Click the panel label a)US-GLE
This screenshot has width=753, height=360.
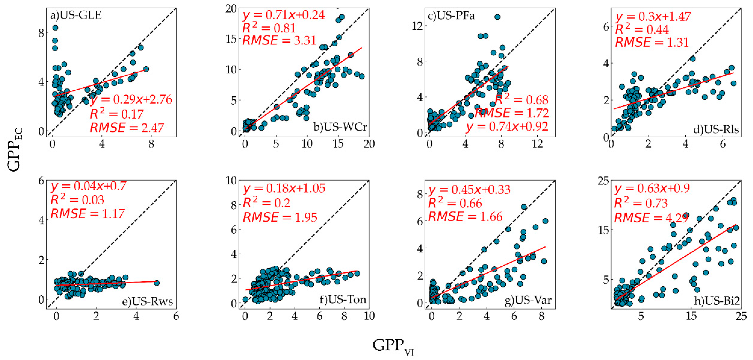point(76,15)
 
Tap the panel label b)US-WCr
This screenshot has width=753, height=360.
point(340,127)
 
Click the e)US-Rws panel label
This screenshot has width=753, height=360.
point(147,301)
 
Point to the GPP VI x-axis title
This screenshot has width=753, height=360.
point(393,347)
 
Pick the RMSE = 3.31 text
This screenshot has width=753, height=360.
point(279,40)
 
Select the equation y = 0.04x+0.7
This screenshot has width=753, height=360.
point(88,186)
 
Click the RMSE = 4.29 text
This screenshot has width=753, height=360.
point(651,218)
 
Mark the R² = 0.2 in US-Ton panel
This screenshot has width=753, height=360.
point(267,203)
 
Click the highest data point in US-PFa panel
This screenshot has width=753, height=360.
point(497,17)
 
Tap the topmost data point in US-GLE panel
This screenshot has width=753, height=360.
point(55,28)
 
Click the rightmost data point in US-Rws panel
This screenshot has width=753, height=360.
point(157,283)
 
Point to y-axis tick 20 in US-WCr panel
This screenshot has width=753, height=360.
point(231,9)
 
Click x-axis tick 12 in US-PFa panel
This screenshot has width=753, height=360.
point(537,144)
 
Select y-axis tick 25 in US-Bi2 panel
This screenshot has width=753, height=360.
point(603,181)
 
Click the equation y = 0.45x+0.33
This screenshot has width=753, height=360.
point(469,190)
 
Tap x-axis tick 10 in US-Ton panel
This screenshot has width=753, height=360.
point(369,316)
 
